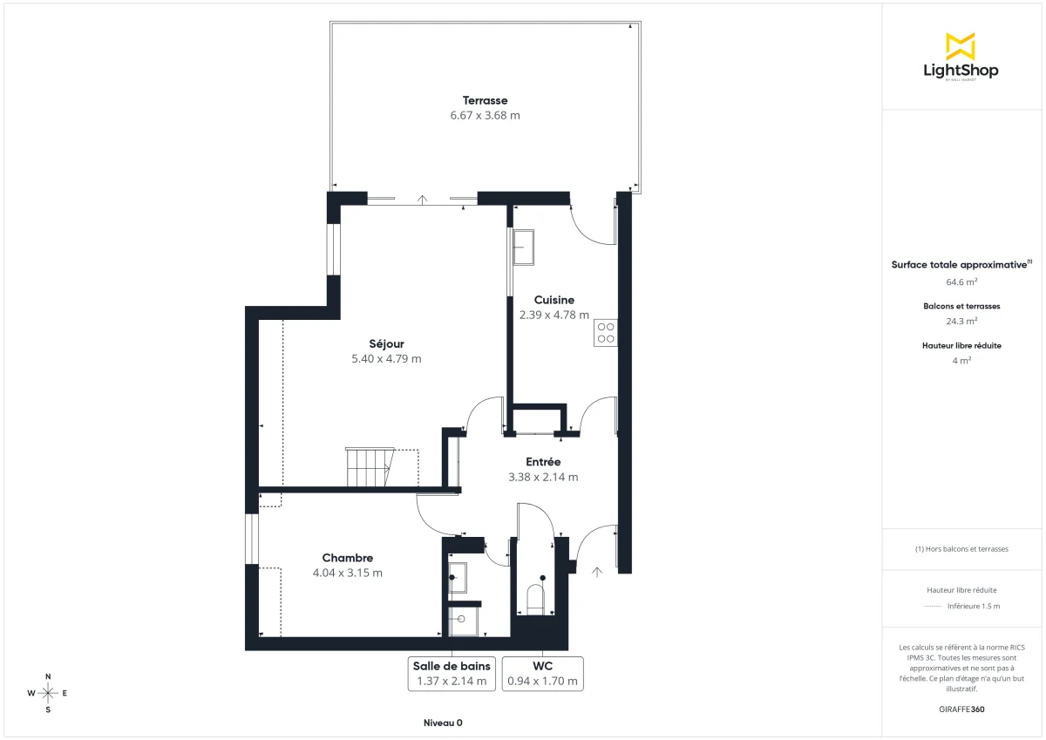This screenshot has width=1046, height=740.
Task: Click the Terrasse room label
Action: [485, 100]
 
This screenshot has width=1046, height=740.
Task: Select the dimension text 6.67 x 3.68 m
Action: [485, 115]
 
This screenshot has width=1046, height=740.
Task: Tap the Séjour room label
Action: [386, 343]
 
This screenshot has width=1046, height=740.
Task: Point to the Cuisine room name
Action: [554, 300]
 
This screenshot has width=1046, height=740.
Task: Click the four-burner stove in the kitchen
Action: [606, 333]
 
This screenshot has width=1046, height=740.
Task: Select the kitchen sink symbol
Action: [524, 247]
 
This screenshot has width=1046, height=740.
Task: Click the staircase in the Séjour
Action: [370, 467]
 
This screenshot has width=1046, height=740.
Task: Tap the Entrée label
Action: [543, 462]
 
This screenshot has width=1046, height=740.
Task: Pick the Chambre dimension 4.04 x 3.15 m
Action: [348, 573]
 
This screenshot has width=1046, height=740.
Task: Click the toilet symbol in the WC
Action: [535, 600]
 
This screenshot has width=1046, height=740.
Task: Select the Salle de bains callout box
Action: [452, 674]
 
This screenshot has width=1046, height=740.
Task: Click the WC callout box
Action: [542, 674]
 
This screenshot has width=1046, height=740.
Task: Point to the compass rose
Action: [48, 693]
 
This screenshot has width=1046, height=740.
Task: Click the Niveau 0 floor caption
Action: [443, 723]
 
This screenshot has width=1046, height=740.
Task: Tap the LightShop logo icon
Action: [961, 46]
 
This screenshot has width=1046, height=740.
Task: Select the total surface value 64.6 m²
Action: [961, 282]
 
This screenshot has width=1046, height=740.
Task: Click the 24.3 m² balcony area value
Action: [961, 321]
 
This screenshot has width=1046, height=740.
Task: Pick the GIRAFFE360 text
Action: [961, 709]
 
